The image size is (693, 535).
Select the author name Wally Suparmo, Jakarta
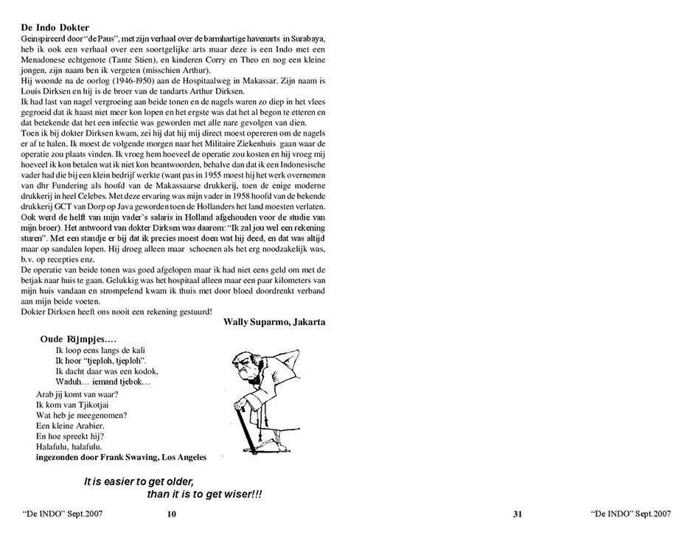[274, 321]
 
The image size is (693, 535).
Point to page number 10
[171, 514]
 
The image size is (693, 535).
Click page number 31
[518, 514]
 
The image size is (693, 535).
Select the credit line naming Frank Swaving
[121, 457]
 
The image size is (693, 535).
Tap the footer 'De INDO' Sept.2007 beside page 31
[630, 514]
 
